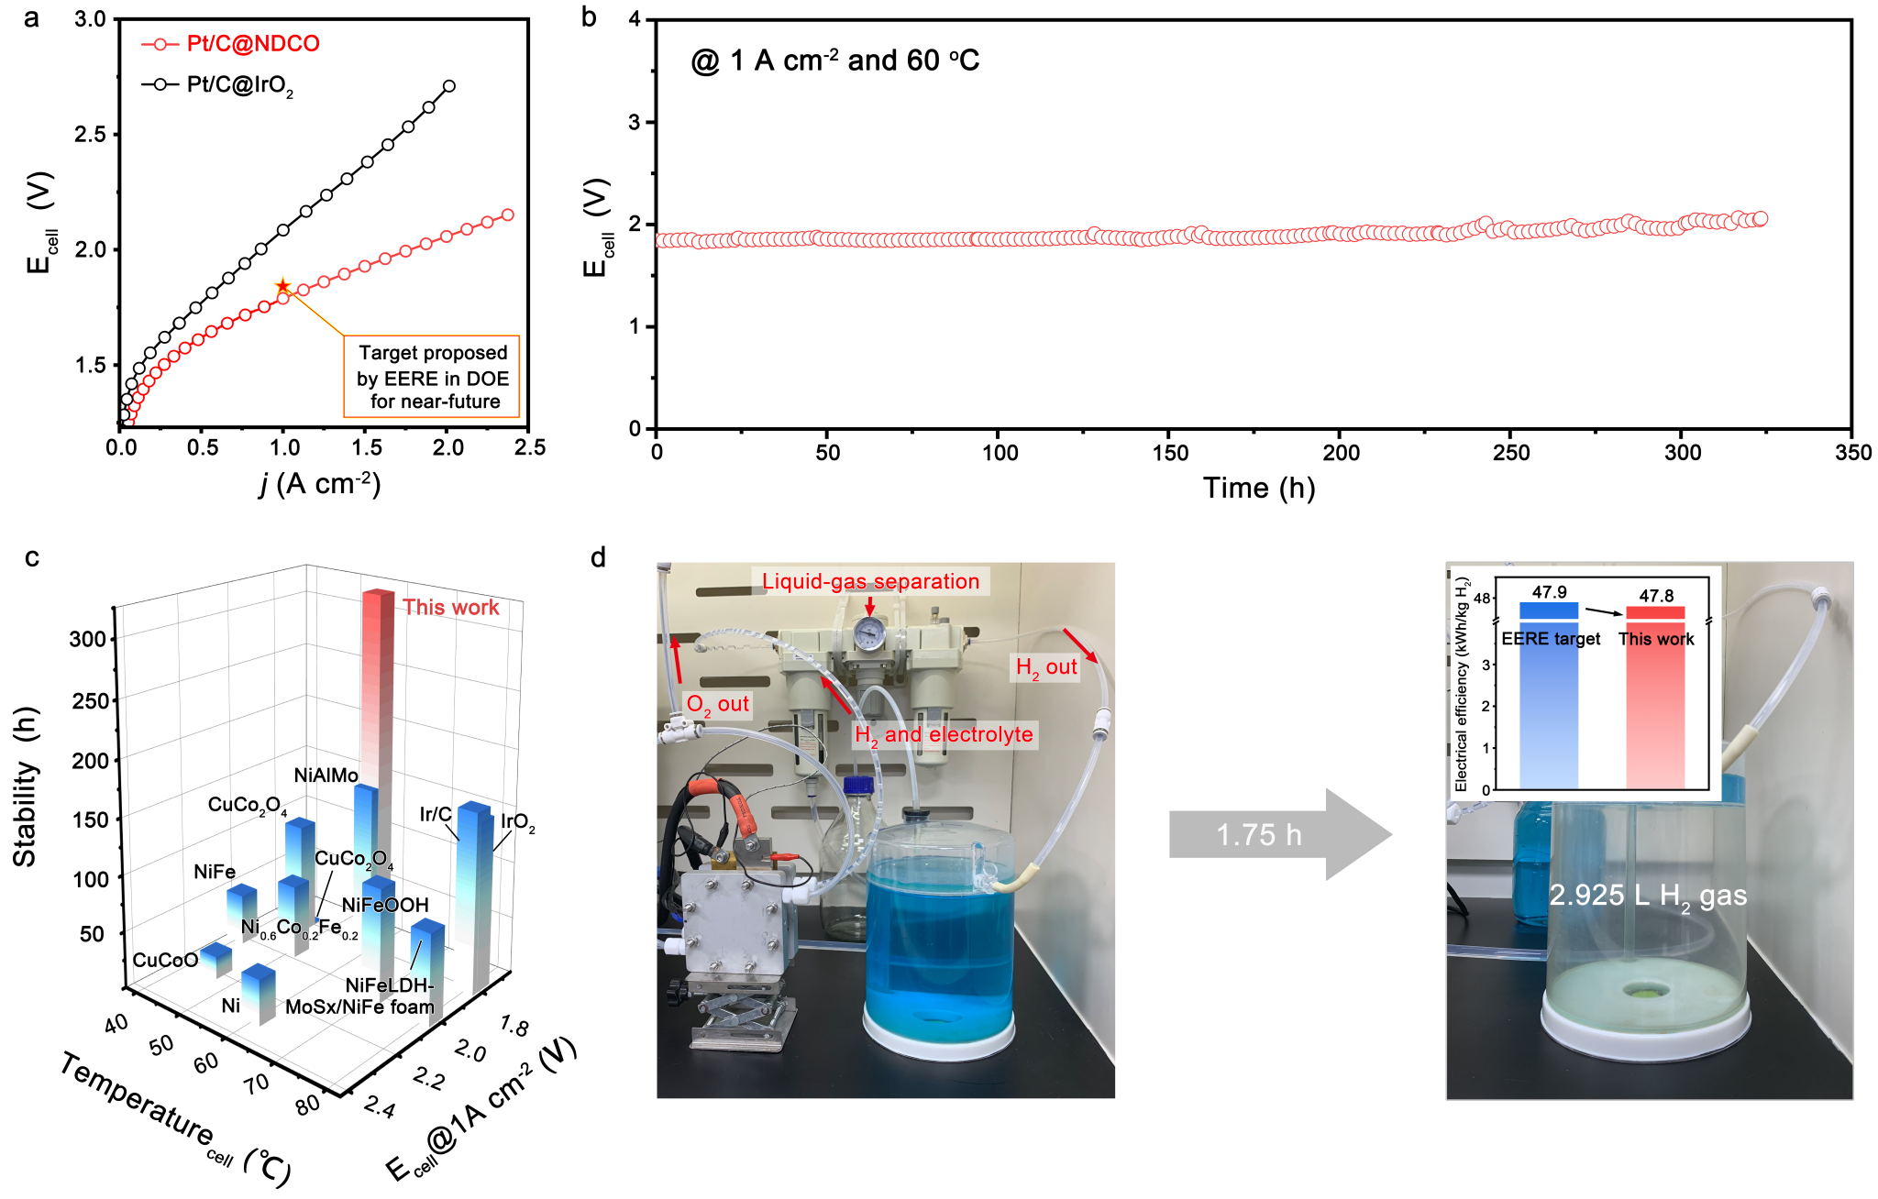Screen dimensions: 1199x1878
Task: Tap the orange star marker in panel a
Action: [x=283, y=287]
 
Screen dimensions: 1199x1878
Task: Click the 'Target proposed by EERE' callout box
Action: [x=432, y=377]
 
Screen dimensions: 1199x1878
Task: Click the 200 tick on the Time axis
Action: [x=1341, y=452]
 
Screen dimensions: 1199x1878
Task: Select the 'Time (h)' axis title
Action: [x=1258, y=489]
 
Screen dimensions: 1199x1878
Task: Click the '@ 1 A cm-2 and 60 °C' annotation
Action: [x=834, y=61]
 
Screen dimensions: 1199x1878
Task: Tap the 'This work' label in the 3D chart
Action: [x=450, y=607]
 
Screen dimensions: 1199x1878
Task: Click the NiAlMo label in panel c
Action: [x=326, y=775]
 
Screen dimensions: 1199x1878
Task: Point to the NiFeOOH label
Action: [x=385, y=906]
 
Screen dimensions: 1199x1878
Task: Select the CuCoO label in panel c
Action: [x=165, y=960]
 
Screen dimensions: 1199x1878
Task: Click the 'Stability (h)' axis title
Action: [x=26, y=786]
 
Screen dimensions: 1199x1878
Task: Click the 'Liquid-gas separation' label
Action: [x=870, y=581]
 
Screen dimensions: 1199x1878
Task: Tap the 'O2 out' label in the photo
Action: [x=717, y=705]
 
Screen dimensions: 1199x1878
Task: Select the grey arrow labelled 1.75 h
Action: [x=1279, y=834]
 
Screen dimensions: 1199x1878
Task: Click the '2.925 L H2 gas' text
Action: [x=1648, y=896]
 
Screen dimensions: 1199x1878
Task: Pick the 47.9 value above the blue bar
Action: [x=1549, y=592]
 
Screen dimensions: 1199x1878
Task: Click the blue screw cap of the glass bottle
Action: [x=857, y=785]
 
